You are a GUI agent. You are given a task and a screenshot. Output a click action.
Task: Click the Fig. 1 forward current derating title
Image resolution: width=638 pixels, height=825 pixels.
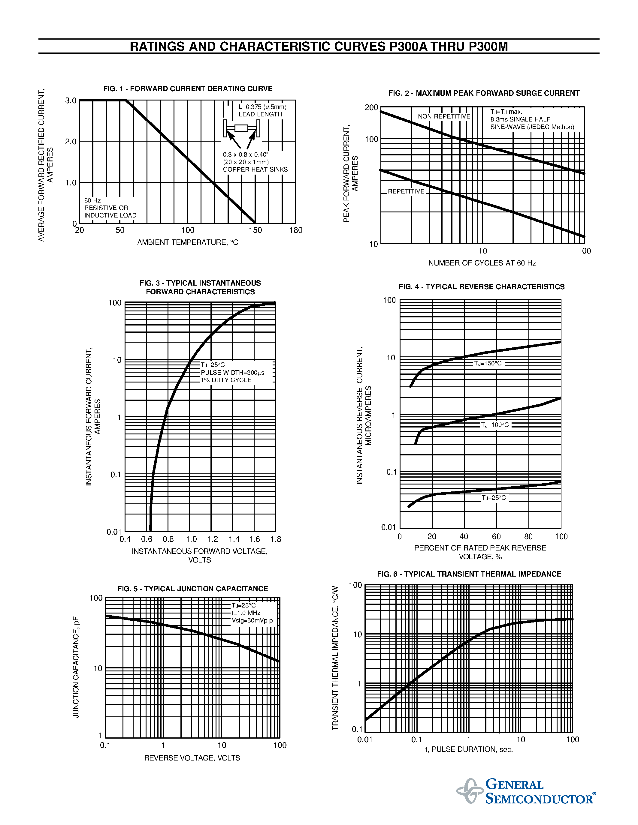(x=188, y=89)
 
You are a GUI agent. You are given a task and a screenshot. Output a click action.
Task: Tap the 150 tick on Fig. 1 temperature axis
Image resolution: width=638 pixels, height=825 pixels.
(x=255, y=230)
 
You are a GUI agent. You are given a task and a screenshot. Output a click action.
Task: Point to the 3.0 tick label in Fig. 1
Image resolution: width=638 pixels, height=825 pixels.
(x=71, y=101)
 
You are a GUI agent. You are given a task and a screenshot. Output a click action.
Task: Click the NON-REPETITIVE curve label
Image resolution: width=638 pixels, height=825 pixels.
(x=444, y=116)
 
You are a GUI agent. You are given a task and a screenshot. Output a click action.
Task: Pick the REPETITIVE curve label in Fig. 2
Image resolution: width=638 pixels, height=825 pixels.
(x=406, y=191)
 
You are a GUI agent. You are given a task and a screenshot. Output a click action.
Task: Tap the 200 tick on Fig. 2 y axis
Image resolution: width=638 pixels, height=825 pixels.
(x=371, y=108)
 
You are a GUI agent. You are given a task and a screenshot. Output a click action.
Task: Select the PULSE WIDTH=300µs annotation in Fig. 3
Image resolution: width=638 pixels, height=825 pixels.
(x=232, y=373)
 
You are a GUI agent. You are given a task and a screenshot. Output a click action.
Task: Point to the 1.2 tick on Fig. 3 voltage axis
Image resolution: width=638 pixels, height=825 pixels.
(x=212, y=539)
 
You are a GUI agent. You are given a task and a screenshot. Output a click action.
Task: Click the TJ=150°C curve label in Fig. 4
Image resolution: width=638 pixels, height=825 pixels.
(x=488, y=363)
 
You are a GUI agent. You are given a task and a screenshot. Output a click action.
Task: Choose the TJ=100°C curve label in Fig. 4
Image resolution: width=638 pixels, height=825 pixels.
(x=495, y=425)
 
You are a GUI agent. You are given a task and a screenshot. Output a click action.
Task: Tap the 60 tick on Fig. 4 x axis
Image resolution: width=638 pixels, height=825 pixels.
(x=496, y=536)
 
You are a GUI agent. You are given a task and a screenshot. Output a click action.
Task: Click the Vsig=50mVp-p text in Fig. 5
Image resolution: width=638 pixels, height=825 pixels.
(x=252, y=621)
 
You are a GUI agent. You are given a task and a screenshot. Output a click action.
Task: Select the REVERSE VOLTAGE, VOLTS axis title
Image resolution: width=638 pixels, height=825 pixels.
(x=192, y=758)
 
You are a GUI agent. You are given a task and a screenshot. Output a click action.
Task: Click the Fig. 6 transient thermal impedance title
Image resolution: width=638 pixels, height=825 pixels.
(x=469, y=574)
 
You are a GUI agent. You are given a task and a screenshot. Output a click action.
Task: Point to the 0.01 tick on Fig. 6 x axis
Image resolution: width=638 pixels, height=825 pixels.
(x=365, y=739)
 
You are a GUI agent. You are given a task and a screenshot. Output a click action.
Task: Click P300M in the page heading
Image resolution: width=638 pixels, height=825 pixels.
(x=488, y=46)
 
